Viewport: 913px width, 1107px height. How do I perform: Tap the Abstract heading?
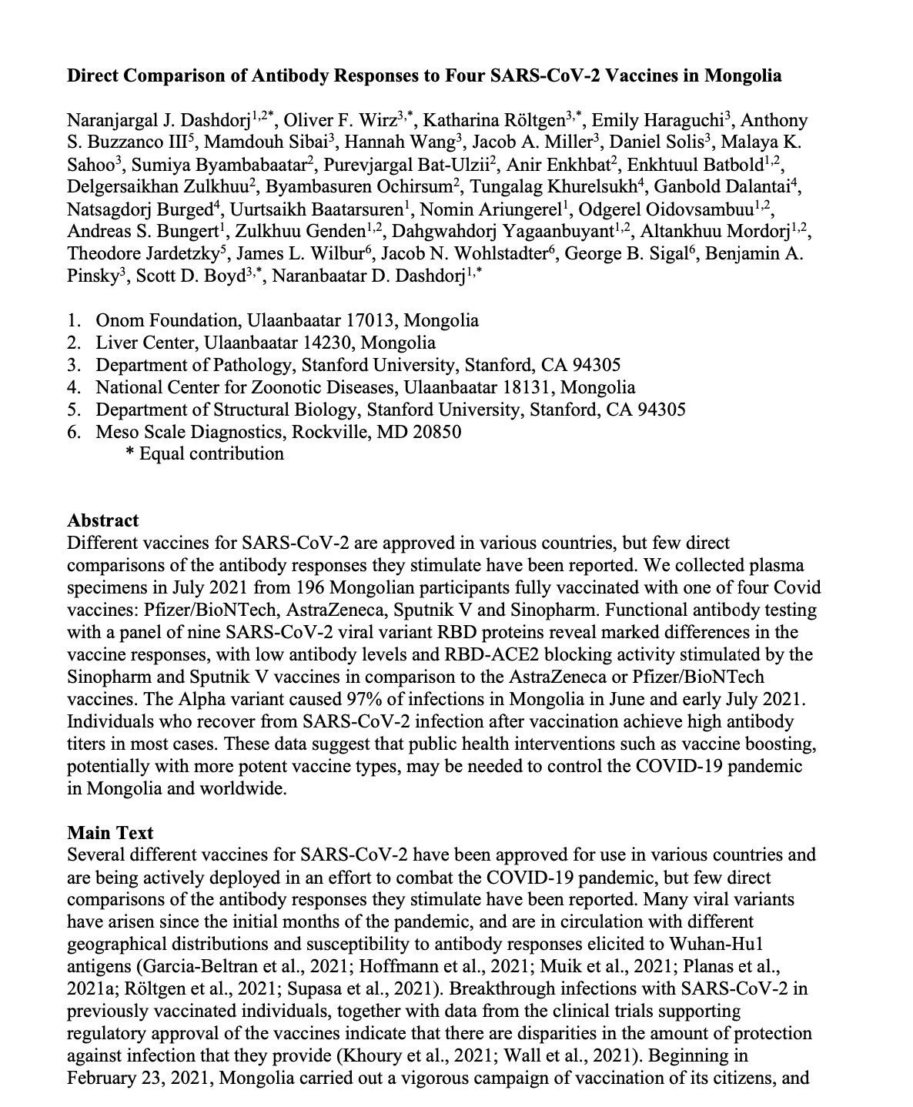pyautogui.click(x=103, y=520)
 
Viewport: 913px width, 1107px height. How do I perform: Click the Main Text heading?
pyautogui.click(x=110, y=833)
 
